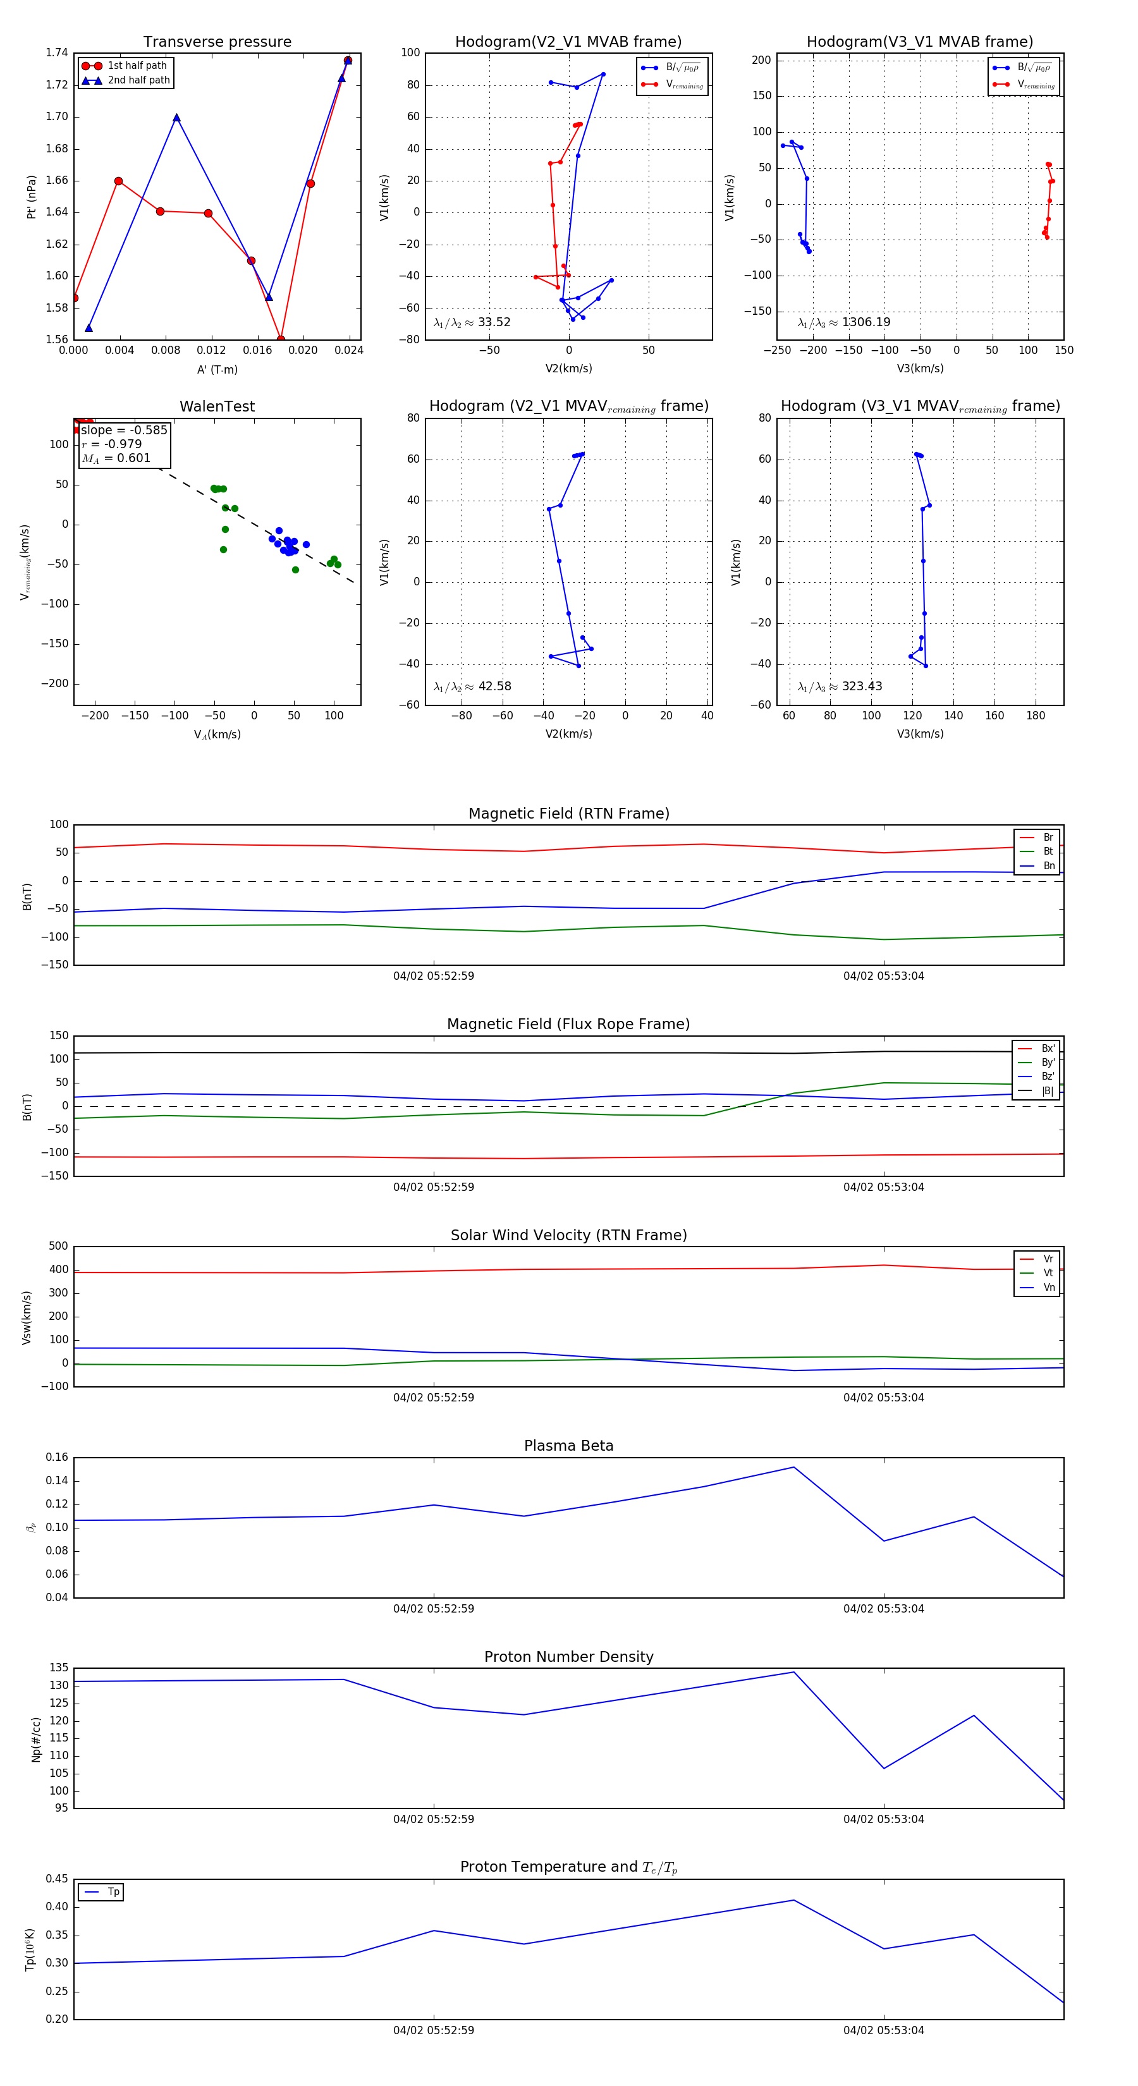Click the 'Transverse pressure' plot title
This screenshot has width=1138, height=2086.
(x=217, y=42)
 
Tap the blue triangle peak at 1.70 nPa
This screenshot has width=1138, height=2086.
(x=176, y=118)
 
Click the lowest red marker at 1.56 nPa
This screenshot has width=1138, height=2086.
(x=280, y=339)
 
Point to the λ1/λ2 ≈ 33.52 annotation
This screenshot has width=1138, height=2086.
(x=472, y=322)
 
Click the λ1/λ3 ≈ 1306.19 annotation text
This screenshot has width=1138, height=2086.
(x=844, y=322)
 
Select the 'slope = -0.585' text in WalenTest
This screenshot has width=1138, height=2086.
(x=124, y=430)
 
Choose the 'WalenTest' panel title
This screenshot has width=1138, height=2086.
(x=217, y=406)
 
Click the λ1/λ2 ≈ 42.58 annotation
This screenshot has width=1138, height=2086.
(x=472, y=686)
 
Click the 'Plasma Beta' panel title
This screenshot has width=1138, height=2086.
(x=568, y=1446)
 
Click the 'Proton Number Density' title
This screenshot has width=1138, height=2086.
(x=568, y=1657)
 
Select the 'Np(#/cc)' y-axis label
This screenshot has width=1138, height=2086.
(x=35, y=1738)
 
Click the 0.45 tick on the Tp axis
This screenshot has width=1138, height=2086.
(x=57, y=1879)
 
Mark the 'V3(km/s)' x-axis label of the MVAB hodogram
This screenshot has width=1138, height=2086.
(x=919, y=369)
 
